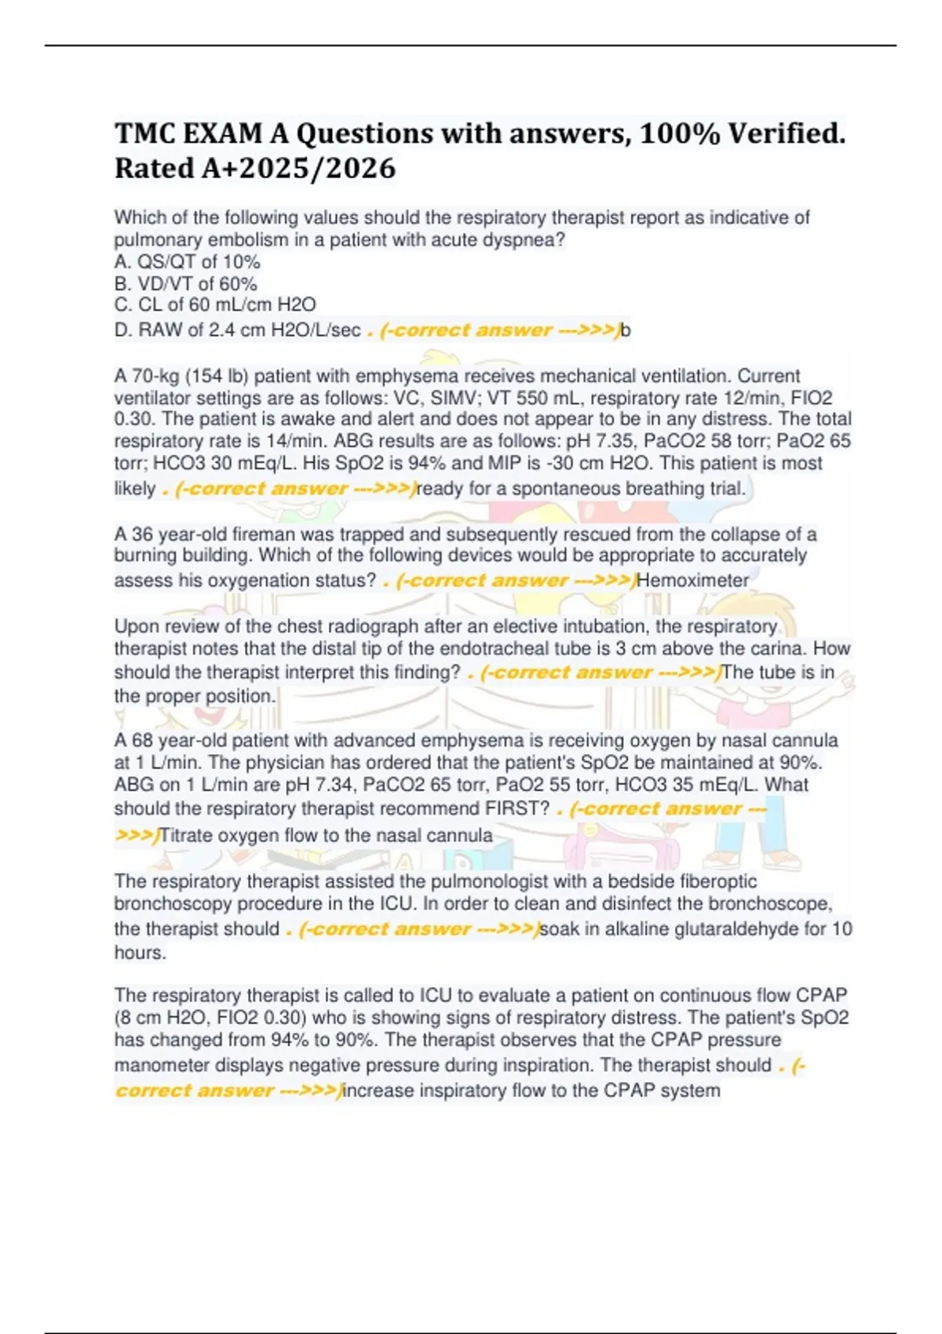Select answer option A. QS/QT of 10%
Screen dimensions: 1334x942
click(187, 261)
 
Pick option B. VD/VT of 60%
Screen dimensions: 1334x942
click(185, 283)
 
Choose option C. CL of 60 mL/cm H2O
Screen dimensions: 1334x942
click(214, 304)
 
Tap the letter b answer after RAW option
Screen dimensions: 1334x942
click(626, 330)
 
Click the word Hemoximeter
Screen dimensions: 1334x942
click(692, 581)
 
